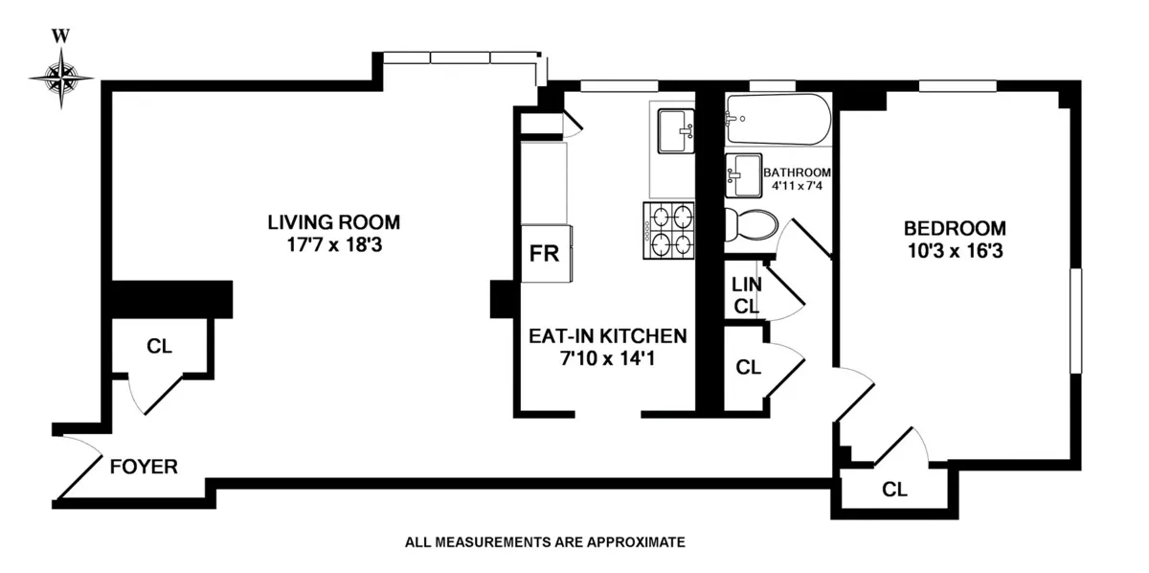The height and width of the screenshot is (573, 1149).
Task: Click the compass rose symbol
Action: point(62,77)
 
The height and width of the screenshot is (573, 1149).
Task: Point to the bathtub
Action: point(777,120)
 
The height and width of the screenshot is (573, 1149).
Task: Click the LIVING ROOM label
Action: point(333,222)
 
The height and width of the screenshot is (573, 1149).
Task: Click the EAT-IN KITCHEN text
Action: point(608,336)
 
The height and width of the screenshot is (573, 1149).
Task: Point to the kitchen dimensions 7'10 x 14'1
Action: point(608,360)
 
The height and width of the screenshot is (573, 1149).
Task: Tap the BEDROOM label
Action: point(955,229)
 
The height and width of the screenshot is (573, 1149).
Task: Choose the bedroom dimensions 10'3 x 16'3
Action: point(955,253)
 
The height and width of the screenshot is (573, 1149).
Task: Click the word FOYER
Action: point(144,468)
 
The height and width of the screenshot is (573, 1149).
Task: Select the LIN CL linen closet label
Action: point(745,296)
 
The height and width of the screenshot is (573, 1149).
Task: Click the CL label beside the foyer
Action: point(159,347)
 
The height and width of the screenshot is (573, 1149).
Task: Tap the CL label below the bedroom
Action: point(894,491)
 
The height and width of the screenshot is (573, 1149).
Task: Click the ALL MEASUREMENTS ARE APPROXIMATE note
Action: point(545,542)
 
